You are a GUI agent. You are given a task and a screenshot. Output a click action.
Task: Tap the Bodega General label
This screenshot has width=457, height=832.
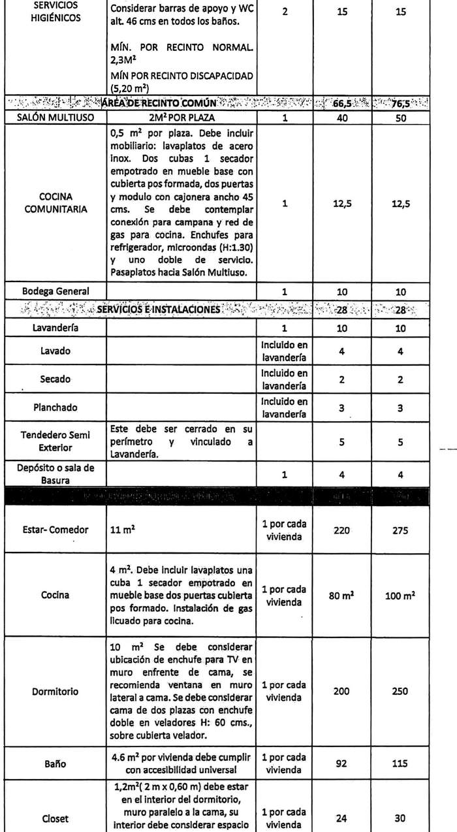tap(55, 292)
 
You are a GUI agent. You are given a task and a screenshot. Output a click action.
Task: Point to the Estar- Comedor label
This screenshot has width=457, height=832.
tap(55, 530)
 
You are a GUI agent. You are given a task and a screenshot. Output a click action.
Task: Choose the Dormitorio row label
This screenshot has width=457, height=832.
tap(55, 692)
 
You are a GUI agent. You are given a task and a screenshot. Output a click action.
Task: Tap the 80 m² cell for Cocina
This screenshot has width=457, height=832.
tap(342, 596)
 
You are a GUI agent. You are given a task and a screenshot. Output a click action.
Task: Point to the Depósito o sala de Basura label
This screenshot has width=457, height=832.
tap(55, 475)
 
